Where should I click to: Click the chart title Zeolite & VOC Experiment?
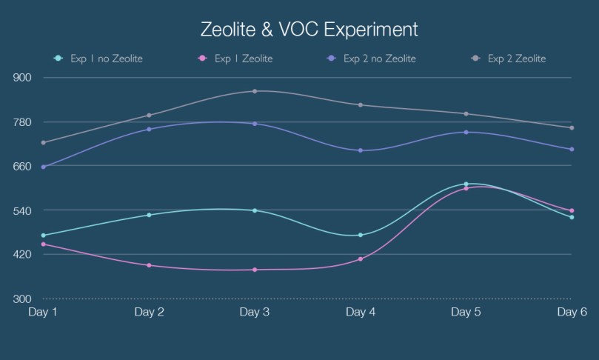pos(309,30)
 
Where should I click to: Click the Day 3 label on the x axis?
pos(254,313)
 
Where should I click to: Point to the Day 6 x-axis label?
pos(572,313)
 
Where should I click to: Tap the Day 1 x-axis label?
pos(43,313)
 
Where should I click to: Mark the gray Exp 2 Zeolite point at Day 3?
pos(255,91)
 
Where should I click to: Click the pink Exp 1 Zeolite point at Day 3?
pos(255,270)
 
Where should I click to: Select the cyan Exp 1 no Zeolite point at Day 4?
pos(361,235)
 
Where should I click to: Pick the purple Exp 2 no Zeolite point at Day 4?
pos(361,150)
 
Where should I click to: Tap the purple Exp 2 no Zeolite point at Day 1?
pos(43,167)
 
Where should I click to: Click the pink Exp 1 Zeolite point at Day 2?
pos(149,265)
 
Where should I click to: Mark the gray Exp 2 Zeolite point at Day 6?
pos(572,127)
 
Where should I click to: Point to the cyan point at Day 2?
pos(149,215)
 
